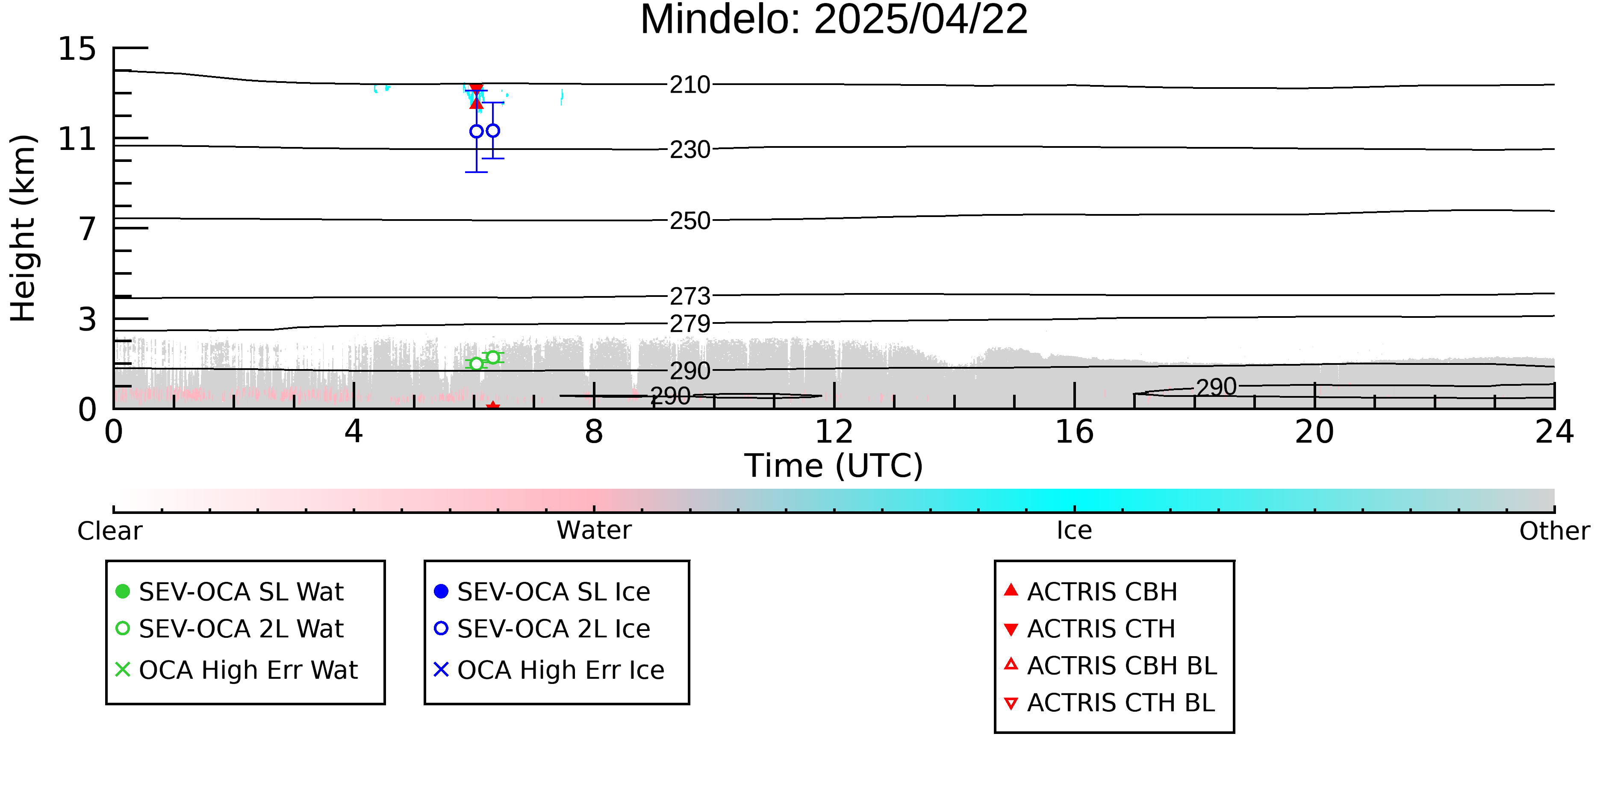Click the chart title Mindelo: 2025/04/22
834,20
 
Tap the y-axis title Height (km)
23,228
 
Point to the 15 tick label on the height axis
77,49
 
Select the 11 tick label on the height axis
77,139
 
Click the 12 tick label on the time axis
834,431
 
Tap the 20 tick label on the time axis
1314,431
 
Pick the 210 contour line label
690,85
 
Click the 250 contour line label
690,221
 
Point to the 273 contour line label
690,296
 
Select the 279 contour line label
690,323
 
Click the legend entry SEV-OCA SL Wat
230,591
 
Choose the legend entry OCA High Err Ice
549,670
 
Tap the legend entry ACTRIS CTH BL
1110,703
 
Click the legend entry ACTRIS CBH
1091,591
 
